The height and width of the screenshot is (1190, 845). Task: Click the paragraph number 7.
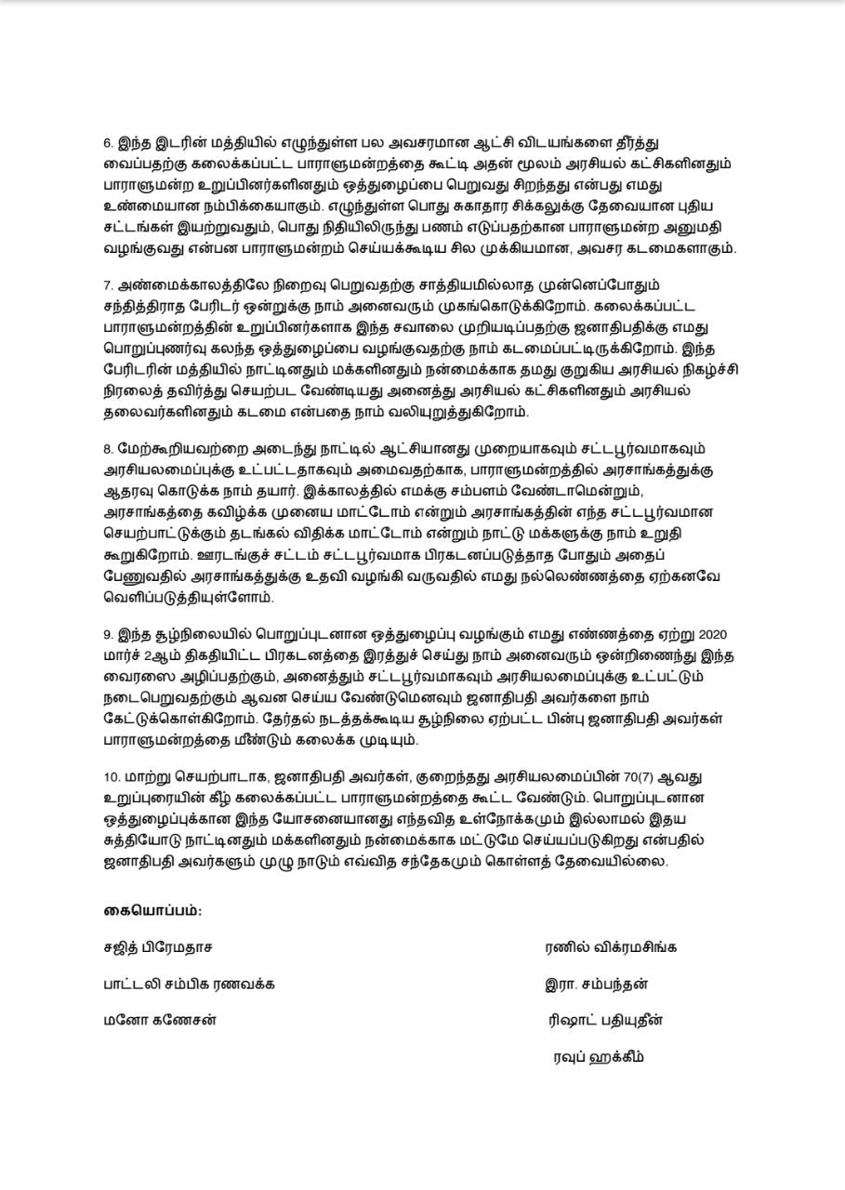(x=107, y=284)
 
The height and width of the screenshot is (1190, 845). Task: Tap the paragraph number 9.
(x=107, y=635)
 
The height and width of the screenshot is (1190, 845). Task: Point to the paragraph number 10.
(x=111, y=776)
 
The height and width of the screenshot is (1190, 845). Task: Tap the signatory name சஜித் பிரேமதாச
(x=158, y=948)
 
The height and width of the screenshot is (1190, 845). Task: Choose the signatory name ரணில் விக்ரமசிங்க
(x=611, y=948)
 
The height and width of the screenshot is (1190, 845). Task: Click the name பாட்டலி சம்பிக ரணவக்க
(x=189, y=984)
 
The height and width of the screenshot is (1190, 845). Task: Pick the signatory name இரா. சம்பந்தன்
(x=596, y=984)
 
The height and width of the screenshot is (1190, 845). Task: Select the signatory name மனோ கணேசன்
(x=160, y=1020)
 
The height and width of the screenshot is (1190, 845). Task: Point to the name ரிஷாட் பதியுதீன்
(x=606, y=1020)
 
